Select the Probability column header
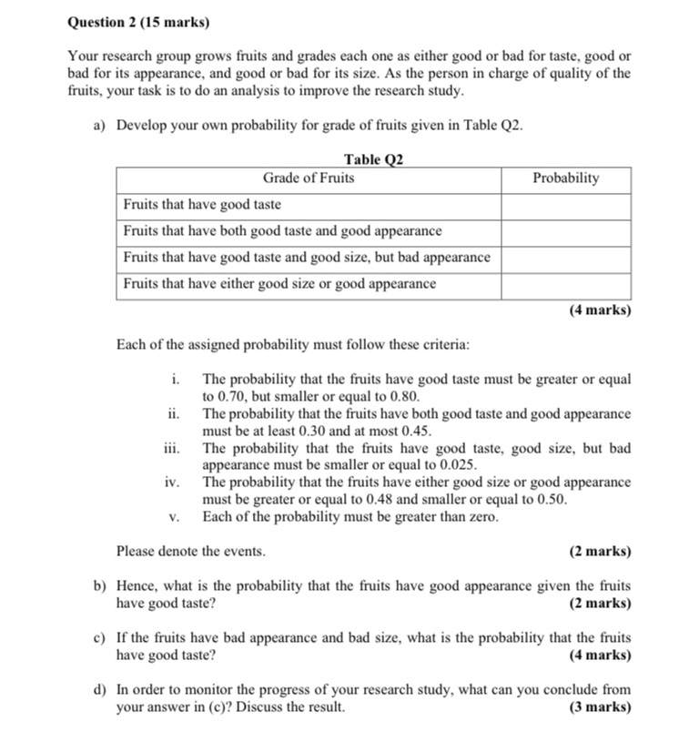tap(565, 178)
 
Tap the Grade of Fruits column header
tap(309, 178)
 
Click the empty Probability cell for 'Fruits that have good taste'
tap(565, 205)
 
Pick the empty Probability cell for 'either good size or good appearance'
tap(565, 284)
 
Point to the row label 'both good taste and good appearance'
tap(282, 231)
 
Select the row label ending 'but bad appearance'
tap(306, 258)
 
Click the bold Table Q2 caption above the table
tap(373, 160)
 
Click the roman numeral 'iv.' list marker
tap(172, 483)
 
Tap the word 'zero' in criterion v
tap(480, 517)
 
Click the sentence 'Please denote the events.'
tap(191, 552)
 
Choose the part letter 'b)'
tap(101, 586)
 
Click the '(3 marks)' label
tap(600, 707)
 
